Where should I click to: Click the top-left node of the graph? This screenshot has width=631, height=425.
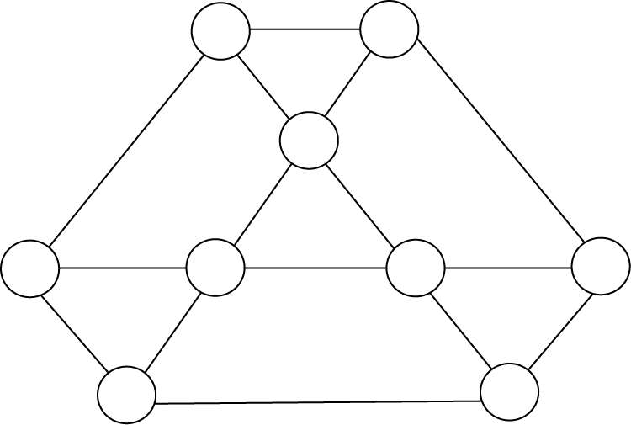[220, 31]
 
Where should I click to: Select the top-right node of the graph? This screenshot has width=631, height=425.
[390, 29]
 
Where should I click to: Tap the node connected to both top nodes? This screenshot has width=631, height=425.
[309, 141]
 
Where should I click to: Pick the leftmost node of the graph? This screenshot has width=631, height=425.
[30, 268]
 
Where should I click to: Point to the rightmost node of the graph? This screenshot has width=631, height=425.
[601, 266]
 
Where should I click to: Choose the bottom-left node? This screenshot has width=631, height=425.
[127, 395]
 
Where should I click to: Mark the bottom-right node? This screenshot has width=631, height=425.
[509, 391]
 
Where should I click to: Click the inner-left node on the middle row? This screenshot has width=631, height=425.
[215, 268]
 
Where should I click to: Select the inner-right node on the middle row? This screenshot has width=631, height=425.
[416, 268]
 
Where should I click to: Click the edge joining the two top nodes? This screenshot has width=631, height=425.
[305, 29]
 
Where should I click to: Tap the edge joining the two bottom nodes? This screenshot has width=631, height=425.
[318, 401]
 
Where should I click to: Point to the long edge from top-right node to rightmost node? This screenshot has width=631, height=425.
[501, 139]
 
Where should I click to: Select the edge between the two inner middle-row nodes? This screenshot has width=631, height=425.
[315, 268]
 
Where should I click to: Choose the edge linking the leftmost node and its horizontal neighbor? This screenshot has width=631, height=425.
[123, 268]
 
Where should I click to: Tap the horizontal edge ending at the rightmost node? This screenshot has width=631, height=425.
[508, 268]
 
